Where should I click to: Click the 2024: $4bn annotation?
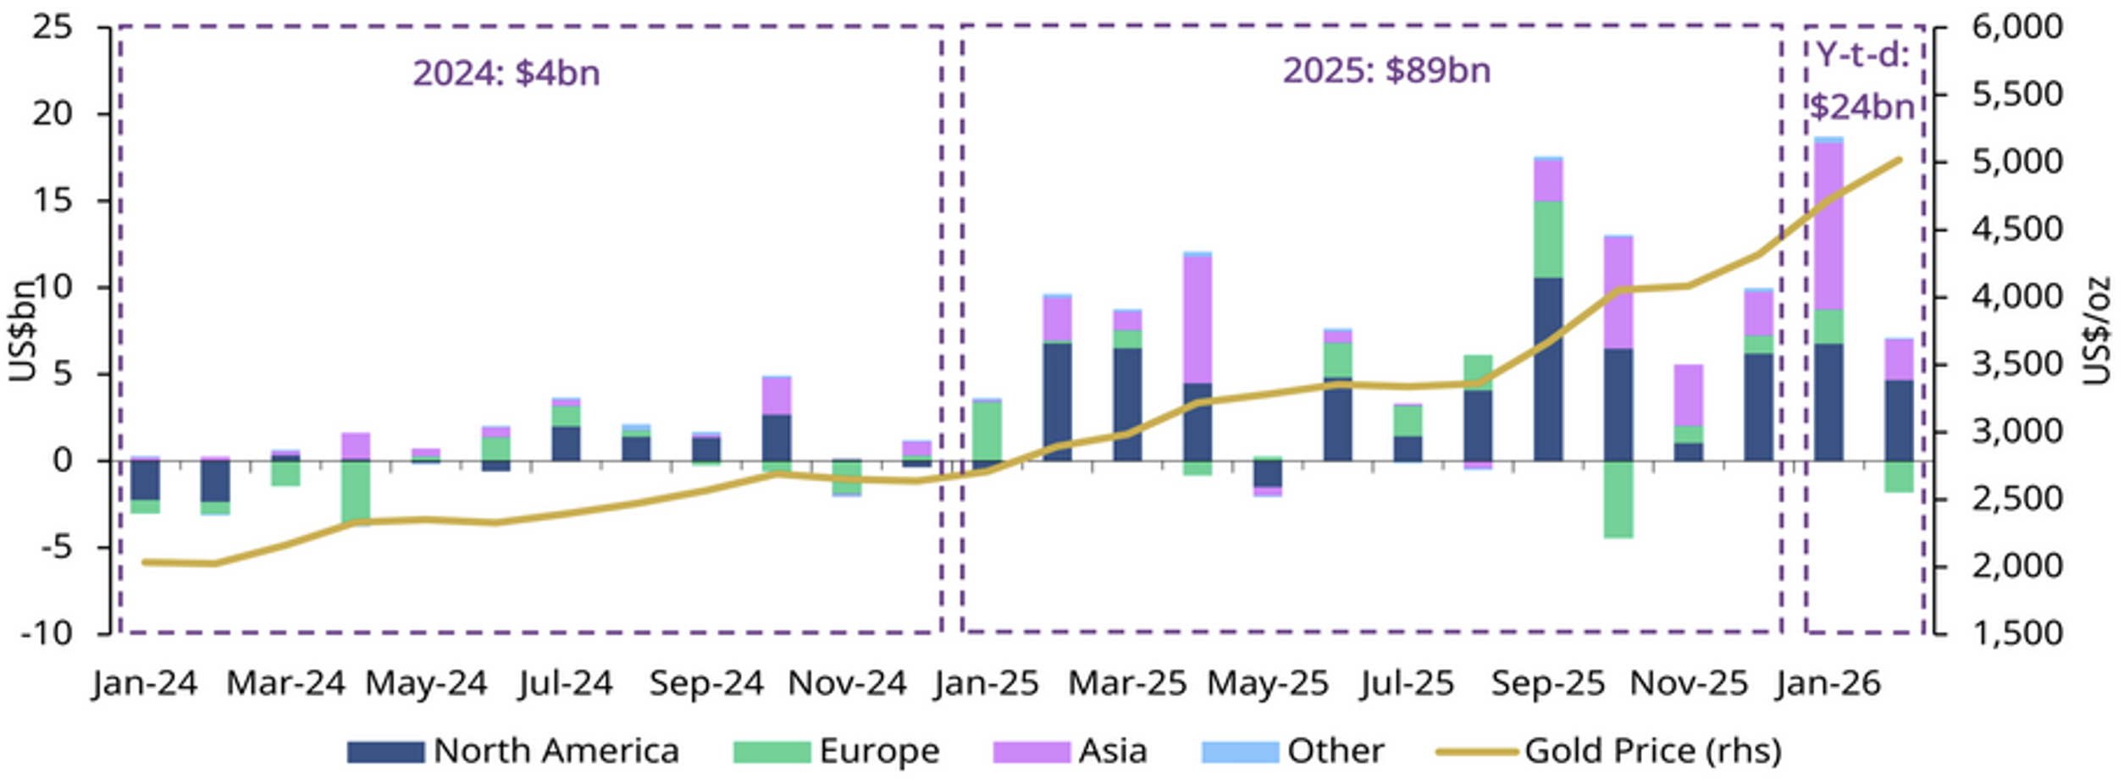506,73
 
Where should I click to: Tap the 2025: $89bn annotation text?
1386,70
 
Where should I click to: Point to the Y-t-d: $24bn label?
1862,82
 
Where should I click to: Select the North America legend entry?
513,750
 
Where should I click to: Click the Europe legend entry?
837,750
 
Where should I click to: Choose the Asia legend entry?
1070,750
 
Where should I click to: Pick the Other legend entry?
1293,750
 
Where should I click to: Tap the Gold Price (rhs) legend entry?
1609,750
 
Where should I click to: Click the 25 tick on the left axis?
53,27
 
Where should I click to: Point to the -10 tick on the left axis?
47,633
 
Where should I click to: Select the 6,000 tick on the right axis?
2018,27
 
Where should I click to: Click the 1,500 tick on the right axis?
2018,633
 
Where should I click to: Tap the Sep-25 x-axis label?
1548,683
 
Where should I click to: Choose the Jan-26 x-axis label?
1829,683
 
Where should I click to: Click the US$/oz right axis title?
2096,330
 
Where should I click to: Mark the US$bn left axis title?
24,330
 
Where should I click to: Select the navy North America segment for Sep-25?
1548,369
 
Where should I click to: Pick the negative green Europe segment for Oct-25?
1618,499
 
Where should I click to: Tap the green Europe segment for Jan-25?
987,431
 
